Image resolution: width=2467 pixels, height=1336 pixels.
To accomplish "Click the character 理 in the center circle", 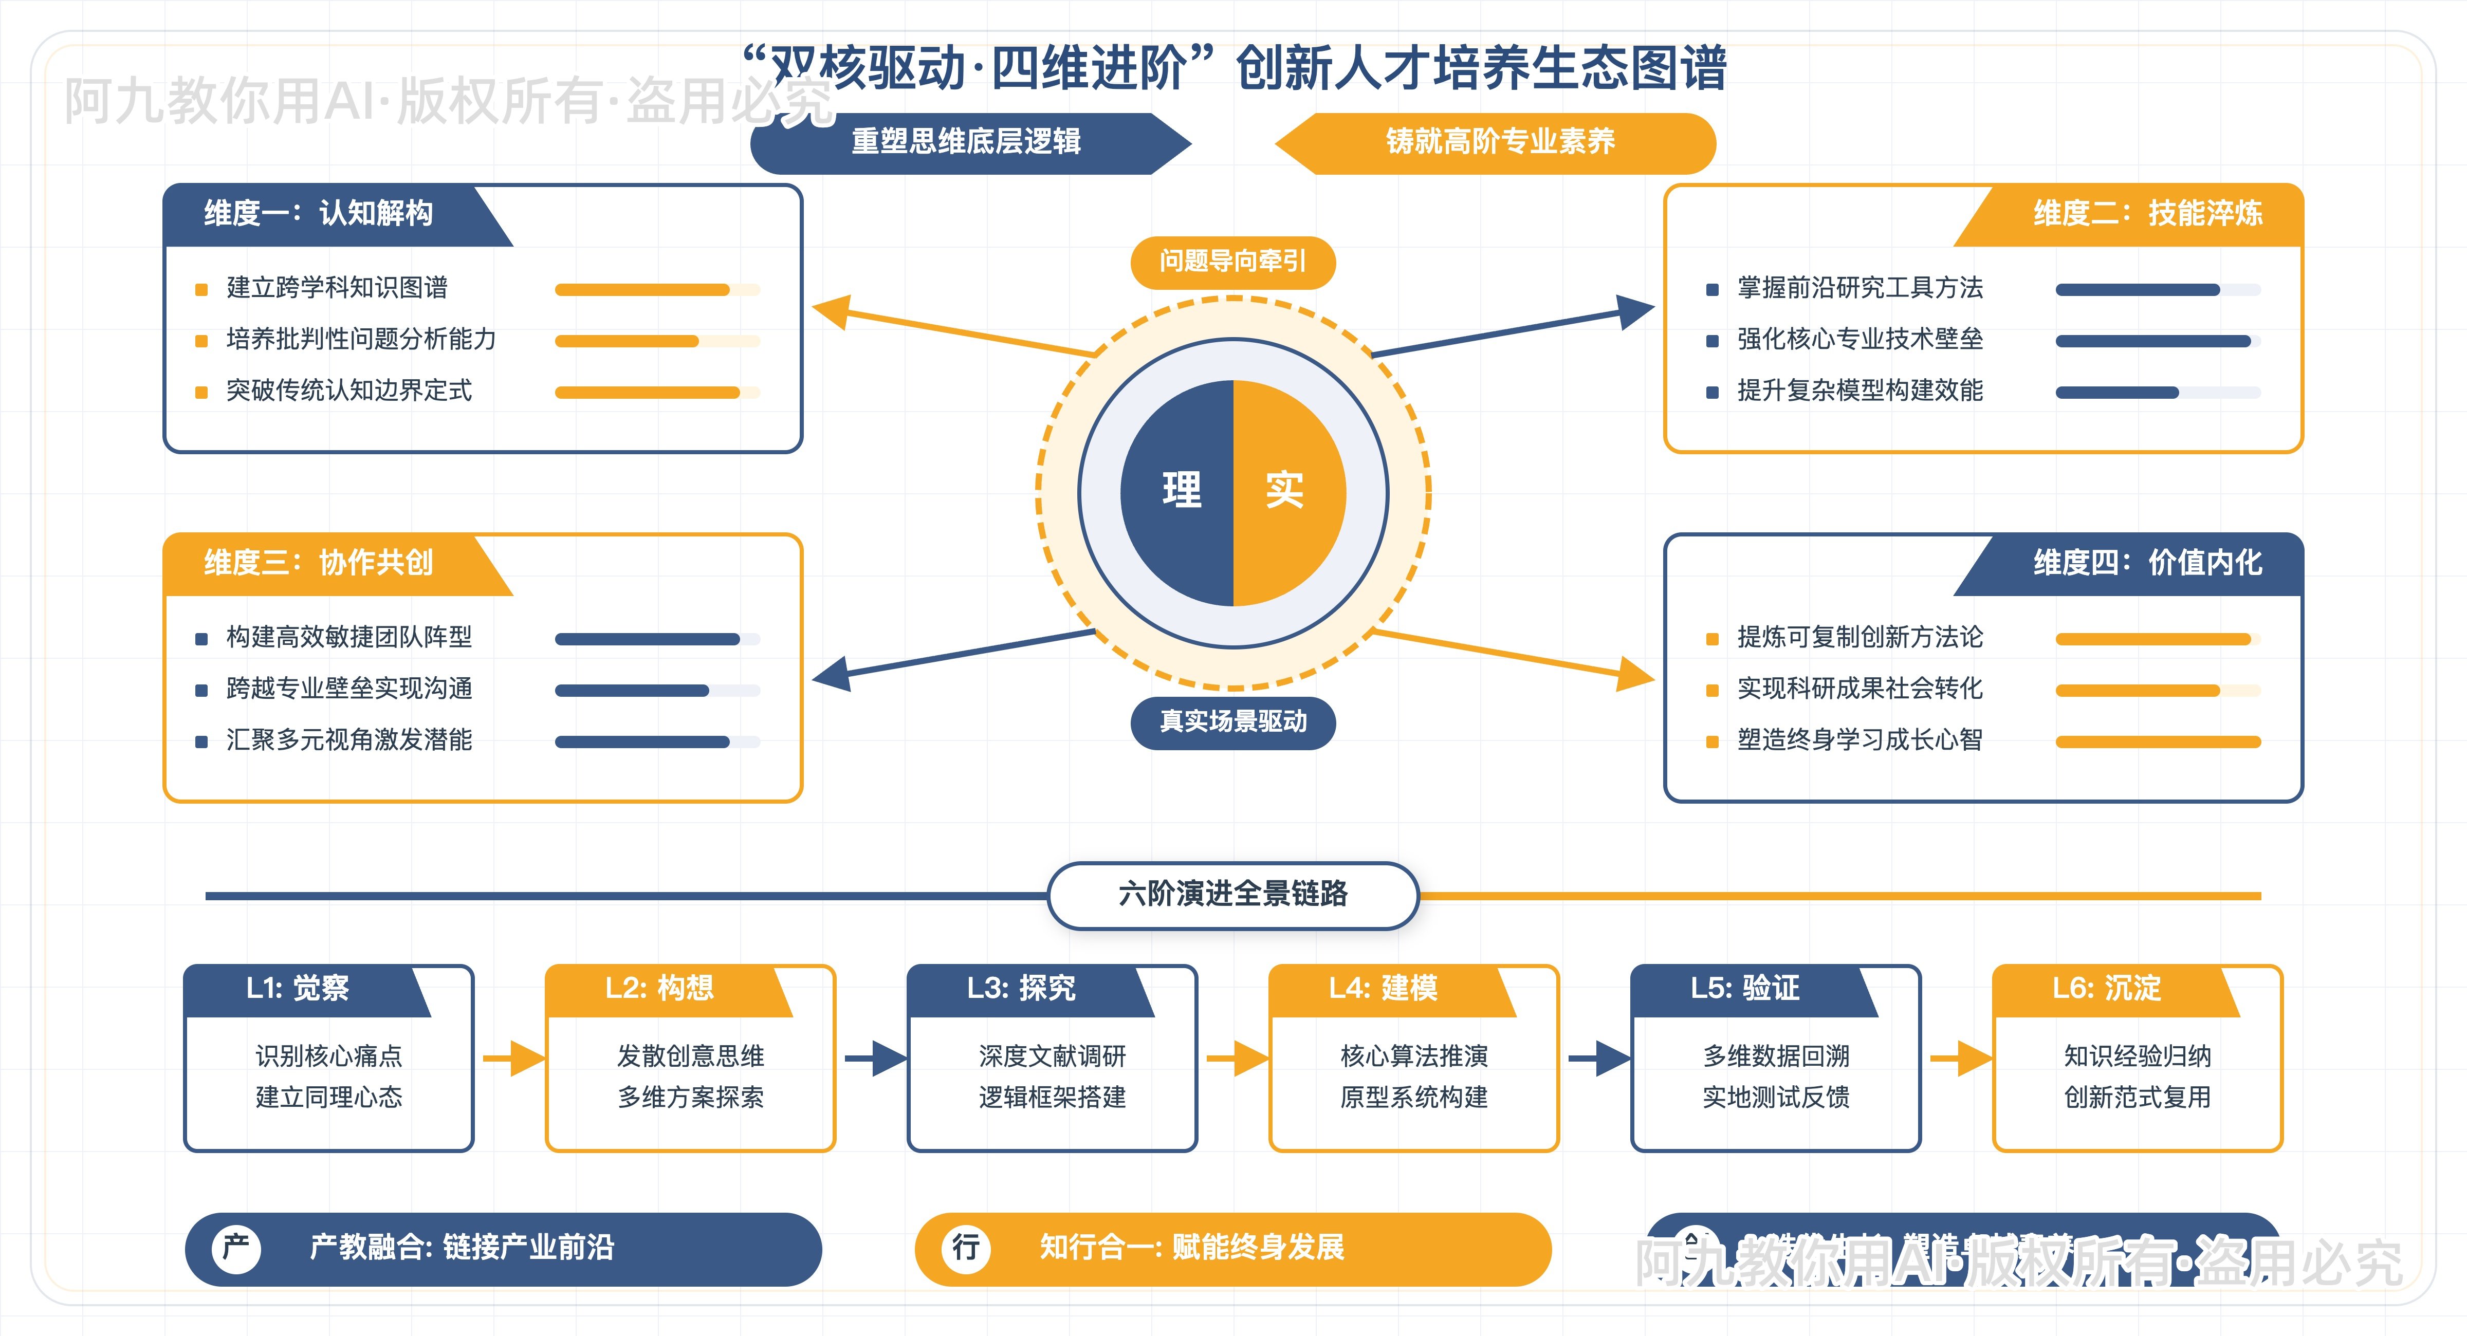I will tap(1182, 490).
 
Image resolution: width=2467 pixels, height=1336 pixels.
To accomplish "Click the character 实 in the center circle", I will tap(1284, 490).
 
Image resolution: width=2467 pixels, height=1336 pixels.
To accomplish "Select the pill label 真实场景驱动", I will tap(1232, 721).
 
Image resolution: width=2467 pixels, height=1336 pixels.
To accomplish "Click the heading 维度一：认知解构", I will tap(319, 213).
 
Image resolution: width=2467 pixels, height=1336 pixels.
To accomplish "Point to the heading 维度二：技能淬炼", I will tap(2147, 213).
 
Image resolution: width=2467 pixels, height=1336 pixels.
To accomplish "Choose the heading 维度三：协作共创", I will tap(319, 562).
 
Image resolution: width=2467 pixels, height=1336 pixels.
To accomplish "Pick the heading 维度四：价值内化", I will tap(2147, 562).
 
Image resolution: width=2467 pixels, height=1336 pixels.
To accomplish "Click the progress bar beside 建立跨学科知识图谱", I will tap(657, 289).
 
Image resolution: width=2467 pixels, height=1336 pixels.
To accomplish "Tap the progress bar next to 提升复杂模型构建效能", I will tap(2158, 392).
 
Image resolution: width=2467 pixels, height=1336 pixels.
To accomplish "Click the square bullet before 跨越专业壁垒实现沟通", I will tap(201, 690).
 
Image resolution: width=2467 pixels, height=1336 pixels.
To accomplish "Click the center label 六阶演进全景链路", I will tap(1232, 894).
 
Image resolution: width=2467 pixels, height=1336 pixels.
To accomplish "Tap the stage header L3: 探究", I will tap(1021, 988).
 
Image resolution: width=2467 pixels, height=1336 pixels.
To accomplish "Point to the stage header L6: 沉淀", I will tap(2106, 988).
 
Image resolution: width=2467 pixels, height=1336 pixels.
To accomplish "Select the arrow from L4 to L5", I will tap(1596, 1058).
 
